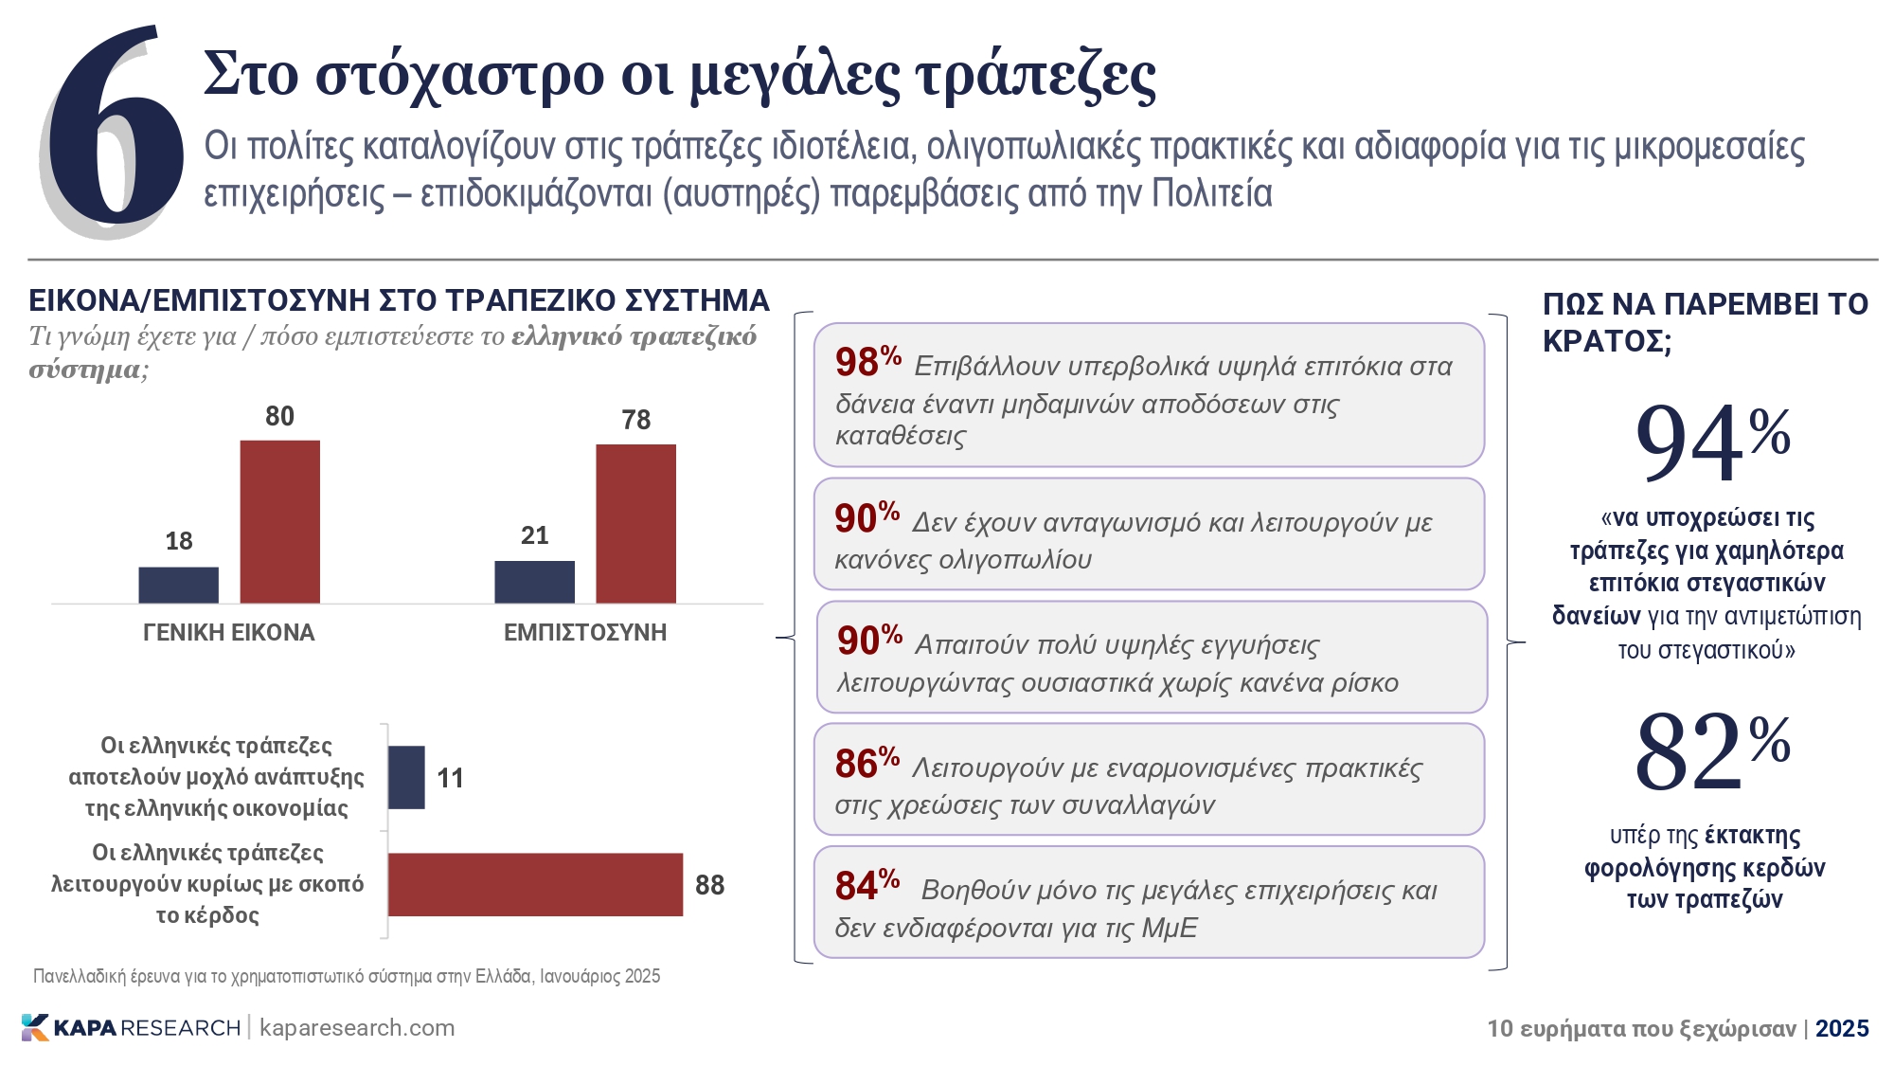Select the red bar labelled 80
click(x=279, y=521)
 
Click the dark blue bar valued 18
click(x=178, y=585)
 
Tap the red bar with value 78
click(x=635, y=523)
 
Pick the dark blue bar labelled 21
click(x=534, y=582)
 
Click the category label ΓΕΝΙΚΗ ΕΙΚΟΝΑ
click(x=228, y=632)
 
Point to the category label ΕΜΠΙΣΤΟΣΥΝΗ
click(x=584, y=632)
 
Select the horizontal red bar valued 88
click(x=535, y=884)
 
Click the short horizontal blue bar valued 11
click(x=406, y=777)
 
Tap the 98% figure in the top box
click(x=867, y=361)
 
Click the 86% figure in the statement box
click(x=866, y=763)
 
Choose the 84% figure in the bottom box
click(x=866, y=885)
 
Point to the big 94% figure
click(x=1711, y=442)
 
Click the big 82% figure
click(x=1711, y=750)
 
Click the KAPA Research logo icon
click(x=34, y=1027)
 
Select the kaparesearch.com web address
click(x=357, y=1027)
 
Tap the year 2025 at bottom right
click(x=1842, y=1028)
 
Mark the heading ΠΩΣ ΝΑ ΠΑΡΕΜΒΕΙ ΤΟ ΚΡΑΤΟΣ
click(x=1705, y=321)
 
